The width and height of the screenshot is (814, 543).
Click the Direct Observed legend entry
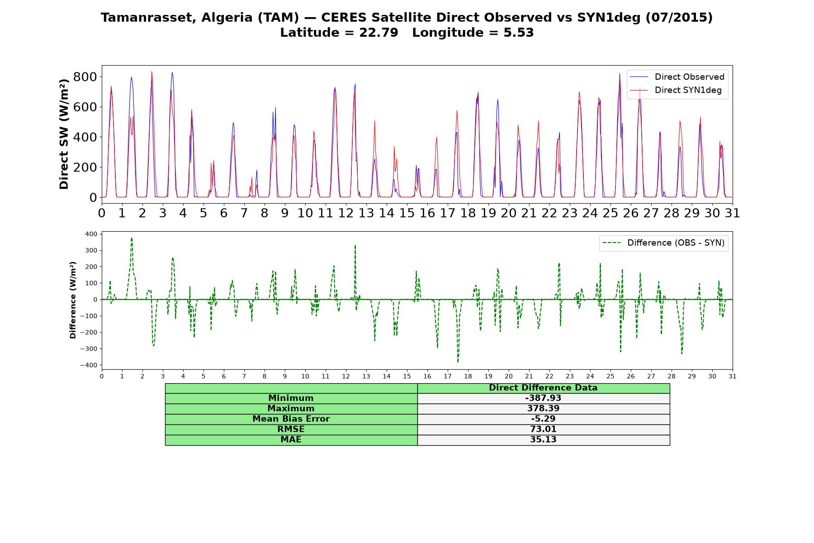pyautogui.click(x=677, y=77)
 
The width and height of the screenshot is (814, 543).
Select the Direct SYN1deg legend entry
pyautogui.click(x=676, y=90)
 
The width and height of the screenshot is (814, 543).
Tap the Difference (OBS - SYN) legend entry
pyautogui.click(x=663, y=243)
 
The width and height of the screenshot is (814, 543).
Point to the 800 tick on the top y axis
pyautogui.click(x=85, y=76)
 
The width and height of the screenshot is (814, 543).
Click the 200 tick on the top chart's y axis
pyautogui.click(x=85, y=167)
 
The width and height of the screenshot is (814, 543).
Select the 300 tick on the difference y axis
pyautogui.click(x=91, y=250)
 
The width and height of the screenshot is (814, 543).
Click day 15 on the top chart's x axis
pyautogui.click(x=407, y=213)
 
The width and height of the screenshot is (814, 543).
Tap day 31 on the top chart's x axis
pyautogui.click(x=733, y=213)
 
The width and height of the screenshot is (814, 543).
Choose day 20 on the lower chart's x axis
pyautogui.click(x=509, y=376)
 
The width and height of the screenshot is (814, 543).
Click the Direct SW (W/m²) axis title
pyautogui.click(x=64, y=134)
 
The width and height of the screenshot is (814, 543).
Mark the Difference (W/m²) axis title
pyautogui.click(x=73, y=300)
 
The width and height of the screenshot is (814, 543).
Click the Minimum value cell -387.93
pyautogui.click(x=543, y=398)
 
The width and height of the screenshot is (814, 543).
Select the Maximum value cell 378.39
pyautogui.click(x=543, y=409)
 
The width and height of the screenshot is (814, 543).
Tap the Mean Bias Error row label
pyautogui.click(x=291, y=419)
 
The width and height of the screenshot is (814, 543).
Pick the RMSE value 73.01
pyautogui.click(x=543, y=429)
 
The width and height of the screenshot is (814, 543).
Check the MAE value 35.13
pyautogui.click(x=543, y=440)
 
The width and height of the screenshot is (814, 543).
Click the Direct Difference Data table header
pyautogui.click(x=543, y=388)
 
